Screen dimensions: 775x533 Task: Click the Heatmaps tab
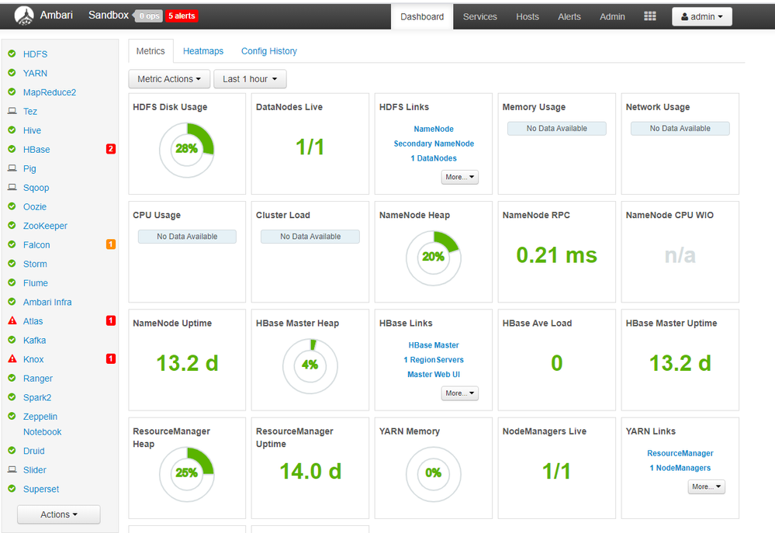coord(203,51)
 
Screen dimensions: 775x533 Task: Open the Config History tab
coord(269,51)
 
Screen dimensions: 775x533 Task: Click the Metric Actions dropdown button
coord(169,79)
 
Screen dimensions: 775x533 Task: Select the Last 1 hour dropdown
coord(250,79)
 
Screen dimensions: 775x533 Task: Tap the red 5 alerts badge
coord(182,16)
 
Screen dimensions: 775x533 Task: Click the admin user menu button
coord(702,17)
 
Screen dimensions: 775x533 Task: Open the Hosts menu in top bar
coord(528,17)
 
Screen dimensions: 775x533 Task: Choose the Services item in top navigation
coord(480,17)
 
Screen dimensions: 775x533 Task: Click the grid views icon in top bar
coord(650,16)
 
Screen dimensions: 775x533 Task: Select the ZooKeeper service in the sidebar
coord(45,226)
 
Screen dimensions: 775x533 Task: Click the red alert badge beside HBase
coord(111,149)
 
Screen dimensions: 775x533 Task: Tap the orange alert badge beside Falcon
coord(111,244)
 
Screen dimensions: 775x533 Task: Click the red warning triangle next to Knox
coord(12,358)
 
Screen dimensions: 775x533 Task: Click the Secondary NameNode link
coord(434,144)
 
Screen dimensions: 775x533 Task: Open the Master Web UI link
coord(434,374)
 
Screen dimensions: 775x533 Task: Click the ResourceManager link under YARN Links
coord(680,453)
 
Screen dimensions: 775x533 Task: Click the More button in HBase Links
coord(460,393)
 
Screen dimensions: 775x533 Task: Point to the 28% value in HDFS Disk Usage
coord(186,148)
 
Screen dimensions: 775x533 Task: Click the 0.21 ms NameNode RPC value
coord(556,255)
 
